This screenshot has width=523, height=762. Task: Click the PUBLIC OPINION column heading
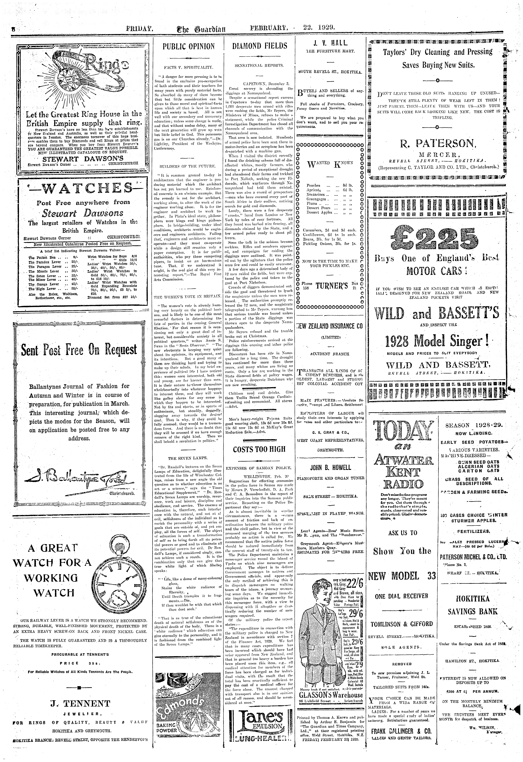pyautogui.click(x=188, y=46)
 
